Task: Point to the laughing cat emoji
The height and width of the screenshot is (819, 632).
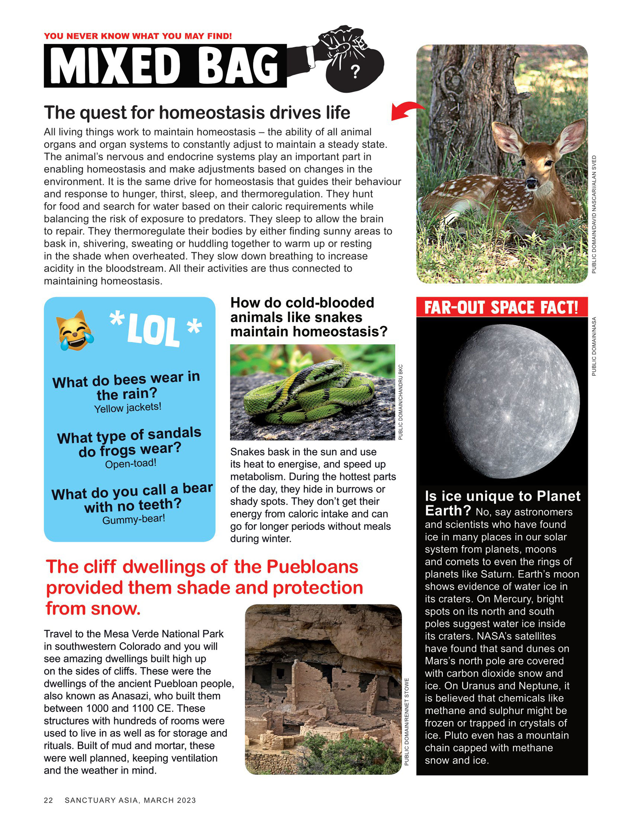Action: tap(74, 331)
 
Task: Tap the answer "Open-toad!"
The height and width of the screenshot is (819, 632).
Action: tap(130, 463)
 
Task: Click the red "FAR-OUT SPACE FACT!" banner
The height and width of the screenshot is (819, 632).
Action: tap(502, 308)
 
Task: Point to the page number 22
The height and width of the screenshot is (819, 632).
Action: tap(48, 800)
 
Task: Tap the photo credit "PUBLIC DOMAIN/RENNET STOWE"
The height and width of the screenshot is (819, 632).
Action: tap(407, 722)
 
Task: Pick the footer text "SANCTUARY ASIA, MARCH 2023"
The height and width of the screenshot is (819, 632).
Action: tap(130, 800)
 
